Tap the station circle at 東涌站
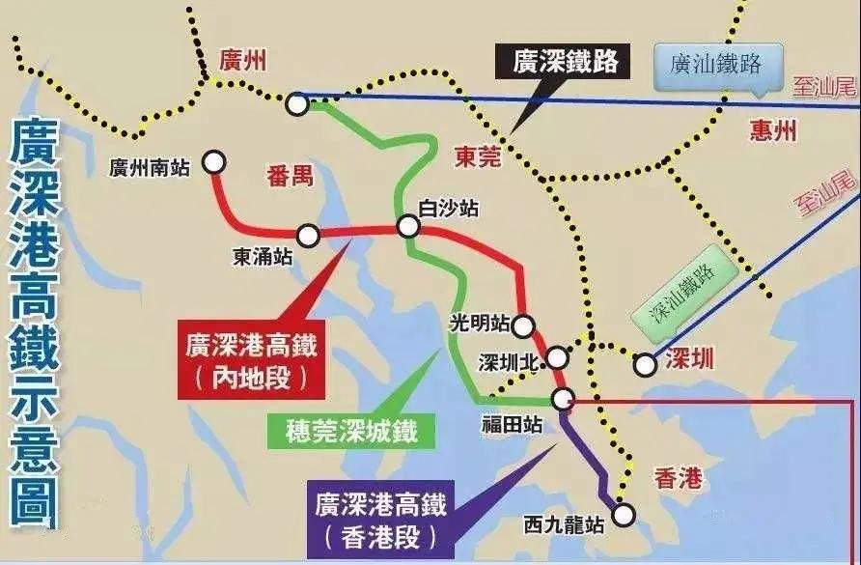pos(308,235)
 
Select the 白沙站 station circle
pos(408,226)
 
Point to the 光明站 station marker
pos(523,326)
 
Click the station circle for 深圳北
pos(557,359)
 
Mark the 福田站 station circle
pos(564,399)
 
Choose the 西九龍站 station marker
pos(624,514)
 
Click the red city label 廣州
pos(242,63)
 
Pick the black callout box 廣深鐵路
pos(565,63)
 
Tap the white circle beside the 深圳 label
pos(645,364)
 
